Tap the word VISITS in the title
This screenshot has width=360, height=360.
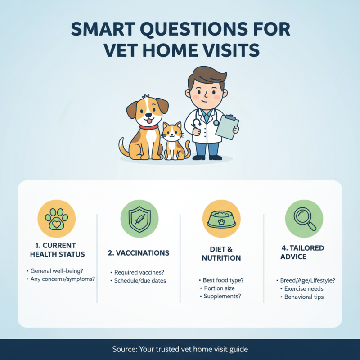(x=229, y=50)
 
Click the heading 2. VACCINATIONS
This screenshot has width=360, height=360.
(x=139, y=253)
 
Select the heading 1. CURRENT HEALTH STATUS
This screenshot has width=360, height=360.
(x=57, y=250)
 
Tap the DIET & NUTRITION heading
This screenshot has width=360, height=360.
(x=221, y=253)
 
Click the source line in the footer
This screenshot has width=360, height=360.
(x=180, y=349)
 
